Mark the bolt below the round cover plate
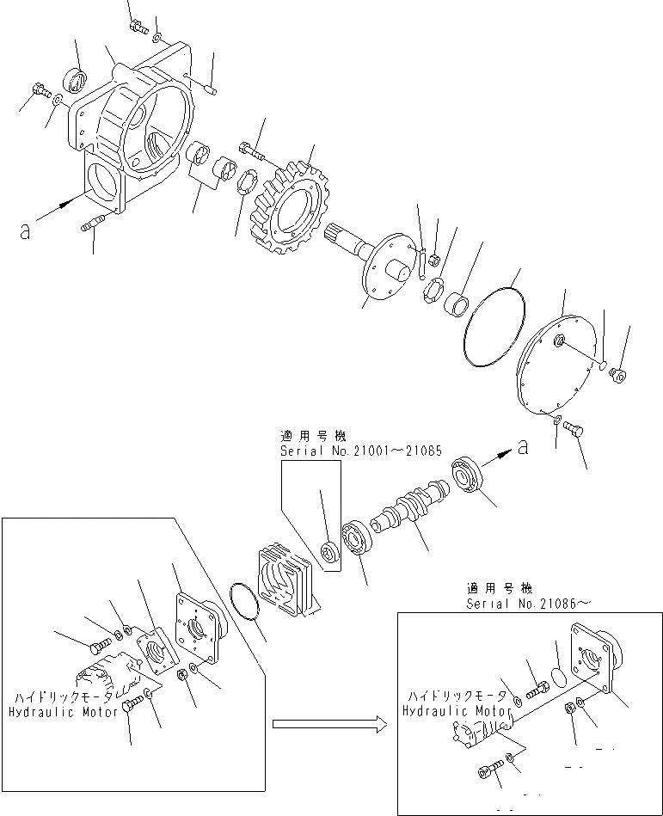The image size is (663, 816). click(575, 427)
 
